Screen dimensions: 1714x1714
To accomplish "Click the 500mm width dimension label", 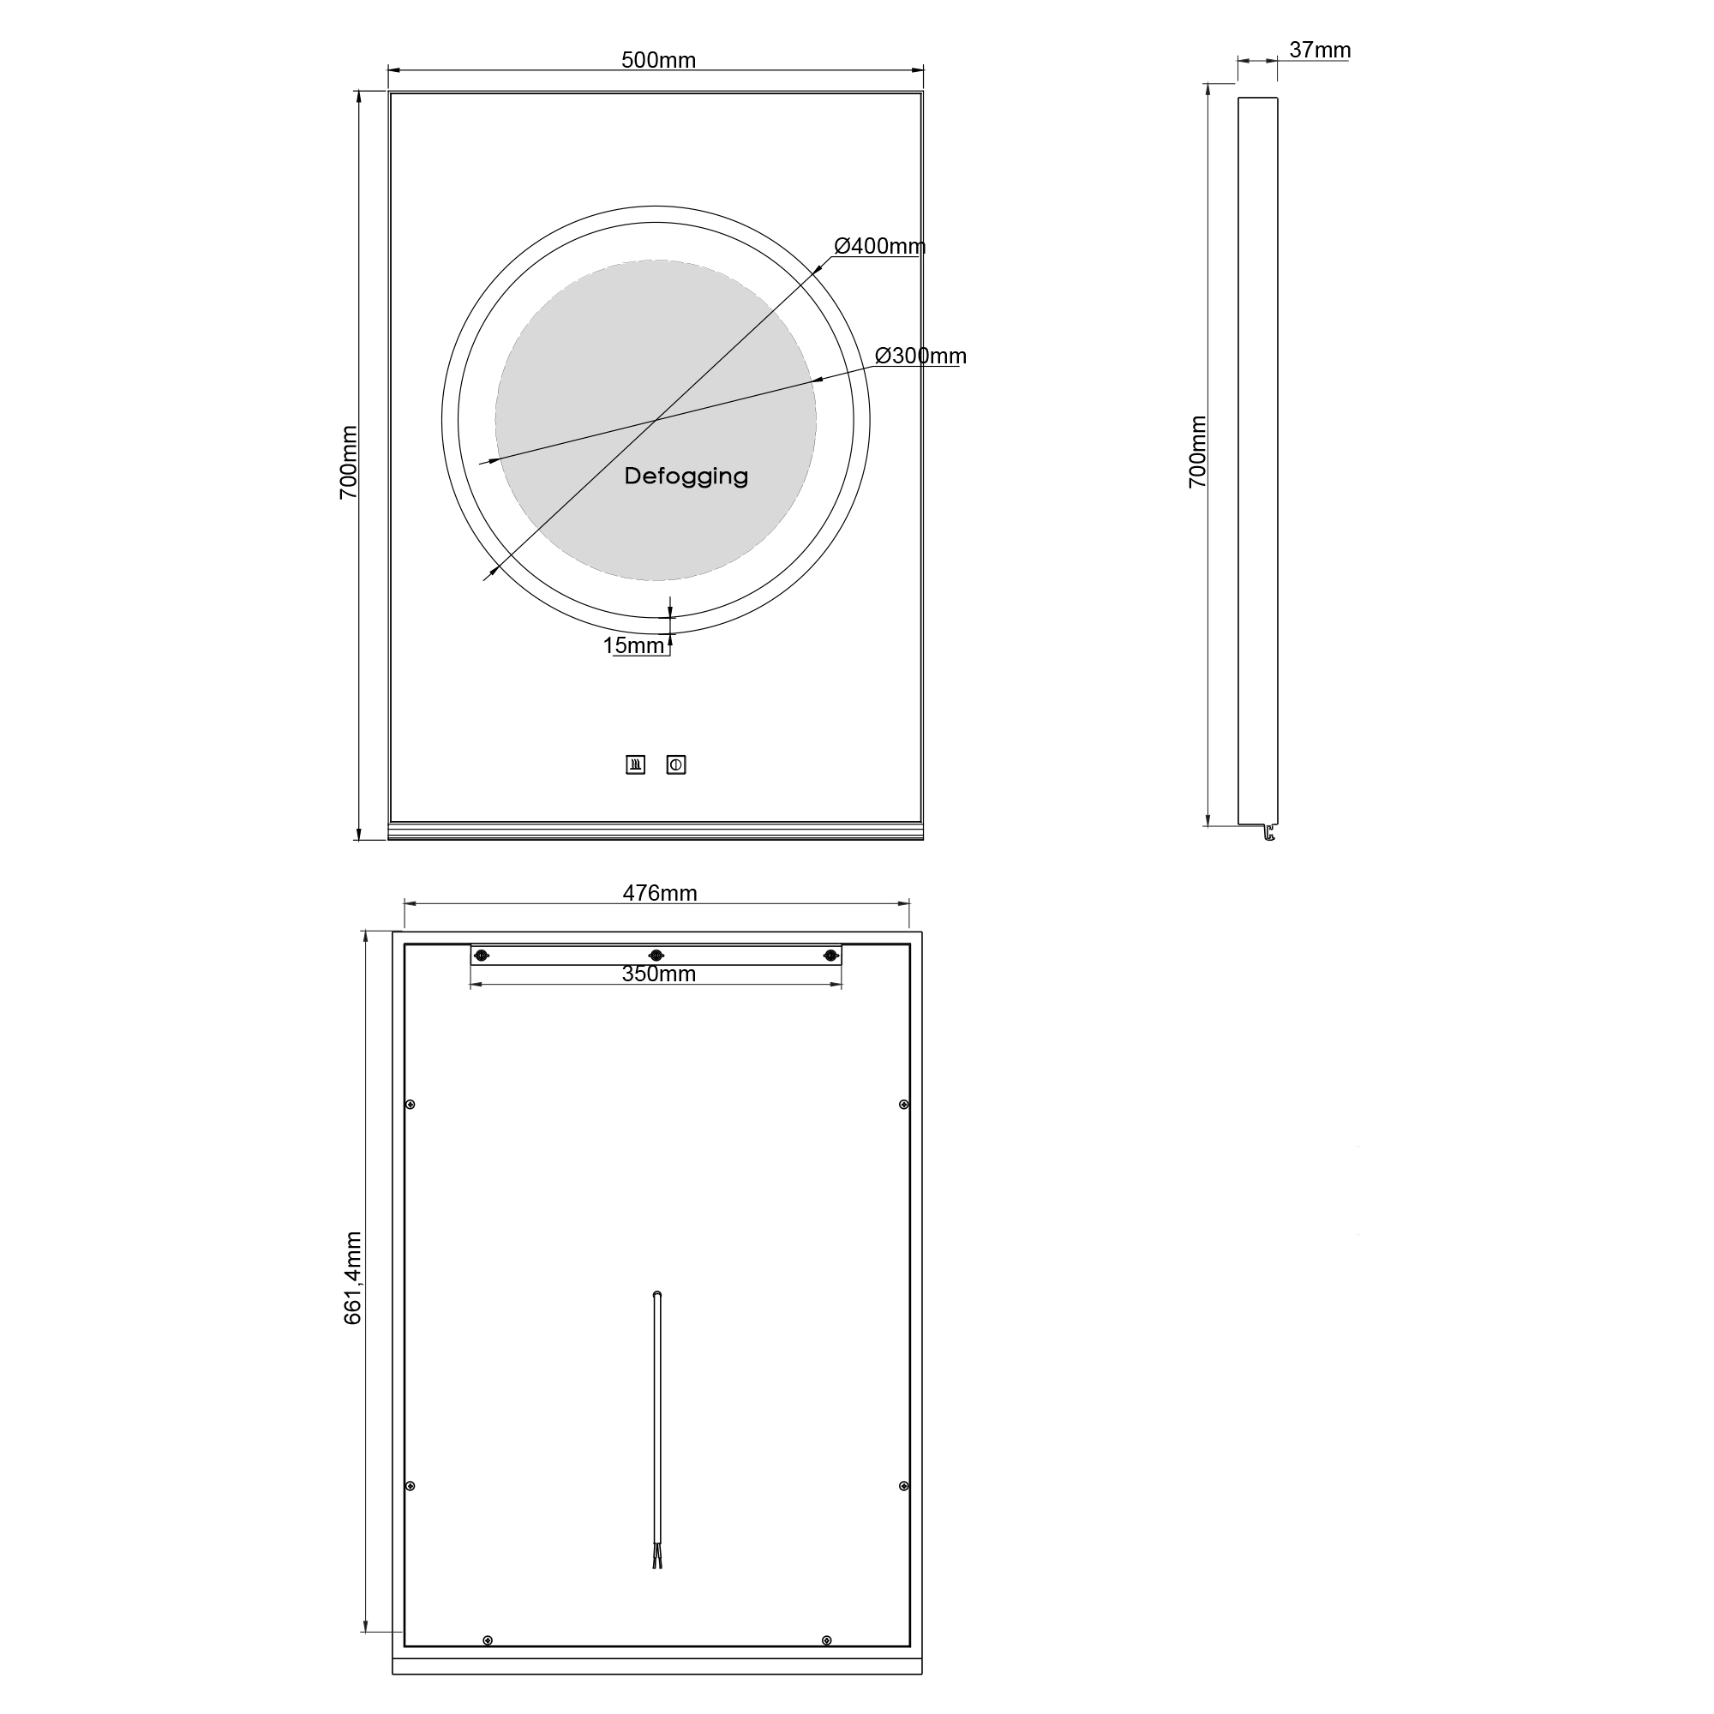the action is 658,60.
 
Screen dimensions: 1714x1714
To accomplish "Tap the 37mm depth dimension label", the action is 1320,51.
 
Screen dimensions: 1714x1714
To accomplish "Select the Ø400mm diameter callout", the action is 879,247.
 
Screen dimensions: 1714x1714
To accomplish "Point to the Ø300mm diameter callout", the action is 920,356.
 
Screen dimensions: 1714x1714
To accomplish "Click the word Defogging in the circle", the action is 686,476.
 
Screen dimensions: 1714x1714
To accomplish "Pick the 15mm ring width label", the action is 634,646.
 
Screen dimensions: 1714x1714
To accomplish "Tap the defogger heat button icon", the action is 635,764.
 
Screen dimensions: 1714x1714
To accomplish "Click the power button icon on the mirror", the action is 676,764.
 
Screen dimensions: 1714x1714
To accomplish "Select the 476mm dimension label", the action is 660,893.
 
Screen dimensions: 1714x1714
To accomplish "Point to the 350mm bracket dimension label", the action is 658,974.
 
